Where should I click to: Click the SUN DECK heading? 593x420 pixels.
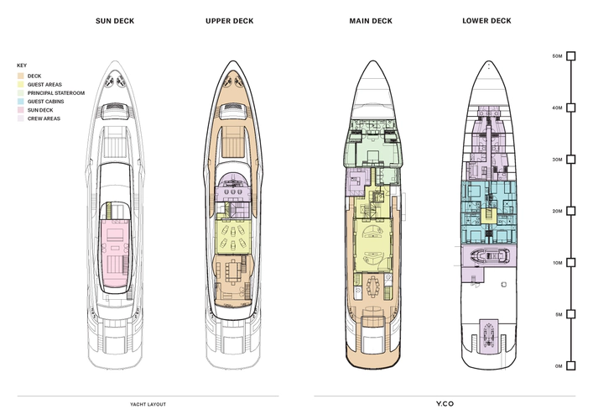pos(115,21)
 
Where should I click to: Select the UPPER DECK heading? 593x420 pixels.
pos(230,21)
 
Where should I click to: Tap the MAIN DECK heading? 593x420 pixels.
pos(371,21)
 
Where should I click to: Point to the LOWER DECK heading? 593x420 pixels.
pos(486,21)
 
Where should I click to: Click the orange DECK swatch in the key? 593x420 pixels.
pos(20,76)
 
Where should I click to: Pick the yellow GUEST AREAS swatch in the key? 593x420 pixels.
pos(20,85)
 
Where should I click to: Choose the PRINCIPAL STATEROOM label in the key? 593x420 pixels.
pos(56,93)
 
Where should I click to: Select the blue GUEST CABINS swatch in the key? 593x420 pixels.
pos(20,102)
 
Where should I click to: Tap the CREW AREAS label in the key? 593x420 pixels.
pos(44,118)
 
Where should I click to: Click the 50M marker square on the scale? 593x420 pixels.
pos(571,56)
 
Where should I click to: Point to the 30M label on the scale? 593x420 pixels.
pos(558,160)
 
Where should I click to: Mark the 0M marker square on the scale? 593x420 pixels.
pos(571,366)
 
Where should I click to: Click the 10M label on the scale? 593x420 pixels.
pos(558,263)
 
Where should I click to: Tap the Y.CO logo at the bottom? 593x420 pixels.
pos(445,404)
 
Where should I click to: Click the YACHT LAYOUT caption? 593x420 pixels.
pos(148,405)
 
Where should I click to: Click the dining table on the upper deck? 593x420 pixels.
pos(231,272)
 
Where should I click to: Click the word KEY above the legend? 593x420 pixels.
pos(22,66)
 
